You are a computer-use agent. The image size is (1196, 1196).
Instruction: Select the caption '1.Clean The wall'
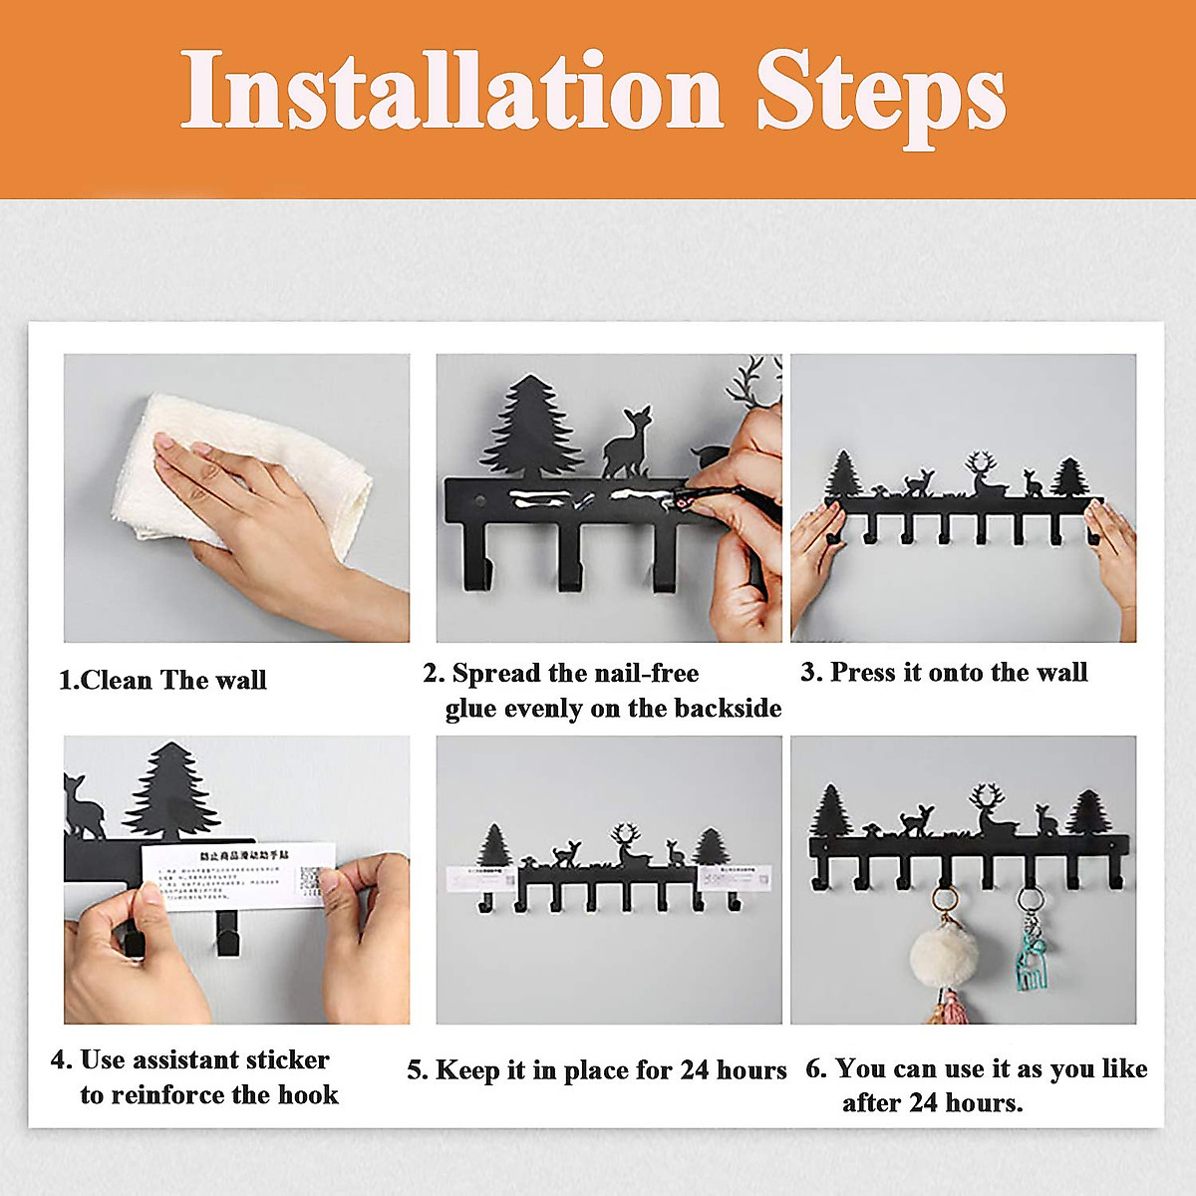162,681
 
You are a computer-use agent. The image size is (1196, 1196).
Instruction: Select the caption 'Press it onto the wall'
958,673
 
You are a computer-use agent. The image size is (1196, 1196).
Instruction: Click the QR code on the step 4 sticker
314,882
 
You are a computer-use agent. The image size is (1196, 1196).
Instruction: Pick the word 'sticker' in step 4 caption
283,1059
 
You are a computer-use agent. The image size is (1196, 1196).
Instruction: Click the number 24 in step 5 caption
695,1070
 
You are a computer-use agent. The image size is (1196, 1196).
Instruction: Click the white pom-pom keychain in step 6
945,959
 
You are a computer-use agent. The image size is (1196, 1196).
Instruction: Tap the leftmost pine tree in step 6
831,812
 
